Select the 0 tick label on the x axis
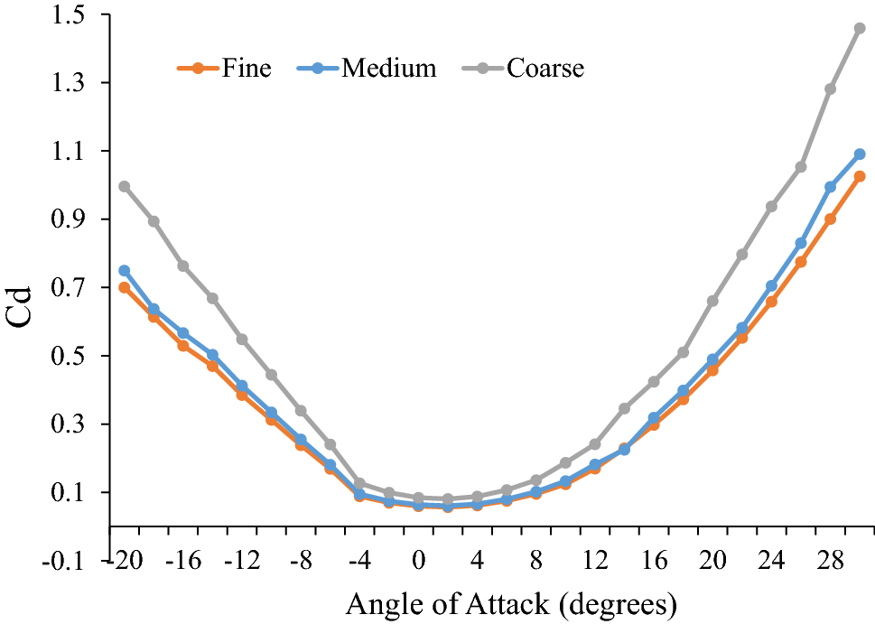(x=418, y=560)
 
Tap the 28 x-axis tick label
(x=831, y=560)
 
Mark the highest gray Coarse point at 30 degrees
(x=860, y=28)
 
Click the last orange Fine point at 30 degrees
(x=860, y=176)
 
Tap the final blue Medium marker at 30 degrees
(x=860, y=154)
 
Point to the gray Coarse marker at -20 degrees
(x=125, y=187)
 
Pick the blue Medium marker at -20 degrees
(x=125, y=271)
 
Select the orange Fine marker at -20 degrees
(x=125, y=287)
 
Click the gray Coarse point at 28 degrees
(x=830, y=89)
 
